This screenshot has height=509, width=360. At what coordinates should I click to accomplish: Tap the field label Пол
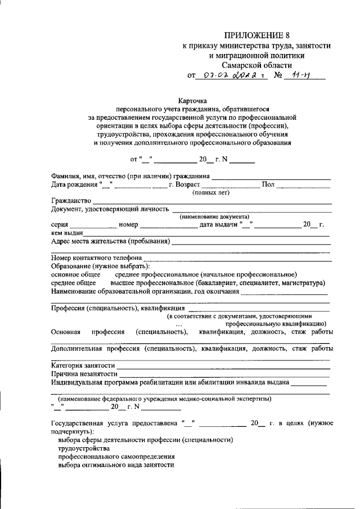pos(268,185)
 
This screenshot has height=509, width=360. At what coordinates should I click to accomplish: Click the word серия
pos(60,225)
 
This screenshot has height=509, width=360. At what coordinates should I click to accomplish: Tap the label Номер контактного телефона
pos(96,258)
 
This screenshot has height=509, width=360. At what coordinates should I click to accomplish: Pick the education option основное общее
pos(71,274)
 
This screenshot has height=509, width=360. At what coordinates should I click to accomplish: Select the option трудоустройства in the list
pos(84,449)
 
